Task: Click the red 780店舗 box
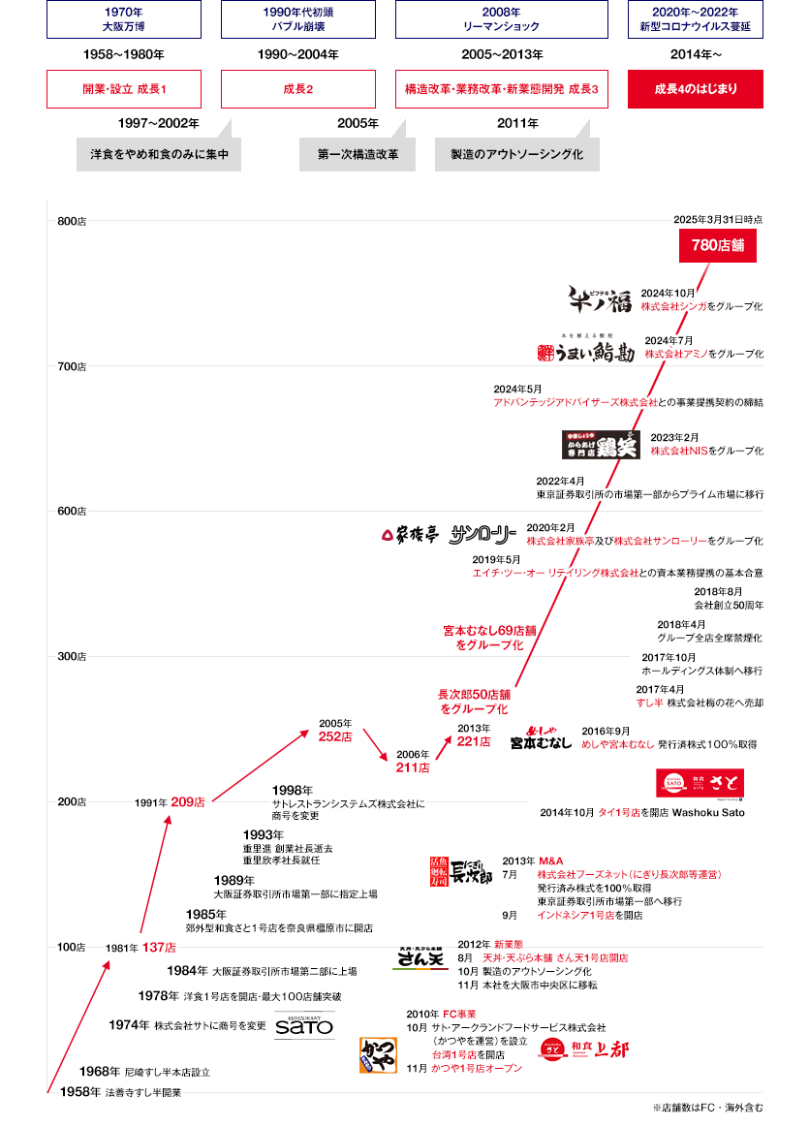tap(718, 245)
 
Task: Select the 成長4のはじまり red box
tap(696, 89)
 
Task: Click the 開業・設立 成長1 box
tap(124, 89)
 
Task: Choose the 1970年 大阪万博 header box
tap(124, 19)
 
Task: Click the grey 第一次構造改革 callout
tap(358, 154)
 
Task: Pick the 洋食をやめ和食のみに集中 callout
tap(159, 154)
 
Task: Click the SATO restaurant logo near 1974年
tap(304, 1025)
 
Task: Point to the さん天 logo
tap(420, 958)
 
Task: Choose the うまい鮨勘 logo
tap(585, 350)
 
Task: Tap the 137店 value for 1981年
tap(158, 947)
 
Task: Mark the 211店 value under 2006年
tap(412, 768)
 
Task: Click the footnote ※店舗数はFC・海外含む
tap(707, 1107)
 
